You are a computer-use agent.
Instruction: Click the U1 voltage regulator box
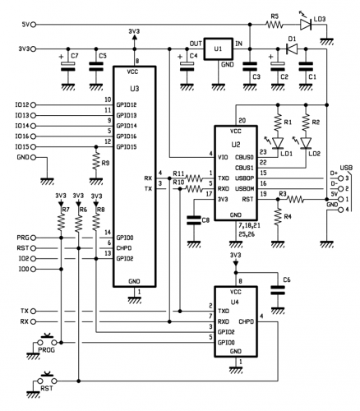click(x=219, y=52)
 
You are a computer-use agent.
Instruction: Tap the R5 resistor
click(x=276, y=25)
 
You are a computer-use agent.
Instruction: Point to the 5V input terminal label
click(x=24, y=25)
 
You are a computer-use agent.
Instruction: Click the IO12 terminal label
click(x=22, y=104)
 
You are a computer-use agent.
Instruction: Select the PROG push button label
click(x=48, y=350)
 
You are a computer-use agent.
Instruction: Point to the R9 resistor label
click(x=106, y=163)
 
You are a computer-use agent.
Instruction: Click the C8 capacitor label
click(x=205, y=219)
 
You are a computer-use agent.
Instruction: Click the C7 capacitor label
click(x=75, y=57)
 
